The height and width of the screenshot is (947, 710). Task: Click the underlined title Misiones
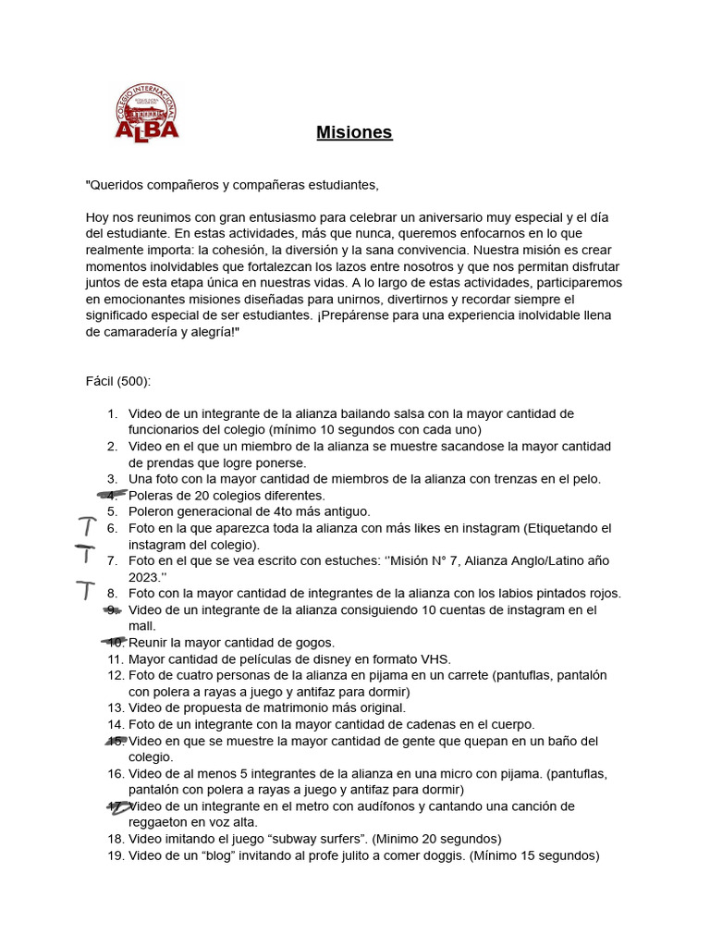coord(354,132)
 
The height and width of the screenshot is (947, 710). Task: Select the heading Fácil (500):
coord(117,381)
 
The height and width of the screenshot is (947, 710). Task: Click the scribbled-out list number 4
coord(113,495)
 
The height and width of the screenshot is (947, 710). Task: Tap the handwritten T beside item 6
coord(87,527)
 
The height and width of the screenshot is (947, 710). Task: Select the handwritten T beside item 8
coord(85,590)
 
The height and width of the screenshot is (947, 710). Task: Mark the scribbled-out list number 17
coord(116,806)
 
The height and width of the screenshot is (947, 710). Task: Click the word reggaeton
coord(159,822)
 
